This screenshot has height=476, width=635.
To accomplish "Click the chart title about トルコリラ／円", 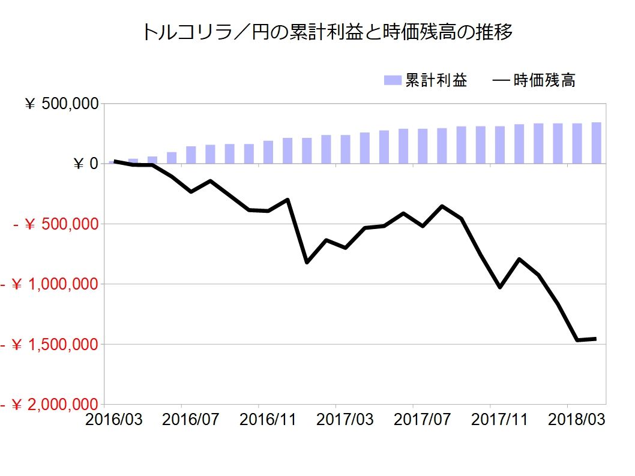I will pos(327,32).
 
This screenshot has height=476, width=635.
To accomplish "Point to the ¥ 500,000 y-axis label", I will pos(60,104).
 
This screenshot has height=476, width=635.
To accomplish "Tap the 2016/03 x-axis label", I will pos(114,419).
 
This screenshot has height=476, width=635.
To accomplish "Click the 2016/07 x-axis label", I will pos(191,419).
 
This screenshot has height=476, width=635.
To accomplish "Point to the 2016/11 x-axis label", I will pos(268,419).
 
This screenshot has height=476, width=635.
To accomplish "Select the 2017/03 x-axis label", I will pos(345,419).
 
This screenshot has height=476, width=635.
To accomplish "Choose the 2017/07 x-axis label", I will pos(422,419).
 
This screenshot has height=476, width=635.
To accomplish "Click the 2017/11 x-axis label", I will pos(499,419).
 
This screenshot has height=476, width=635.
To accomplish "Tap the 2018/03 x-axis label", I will pos(576,419).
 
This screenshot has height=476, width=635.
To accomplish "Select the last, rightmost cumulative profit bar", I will pos(596,143).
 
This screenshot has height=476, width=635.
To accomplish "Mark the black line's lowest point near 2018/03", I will pos(577,340).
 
